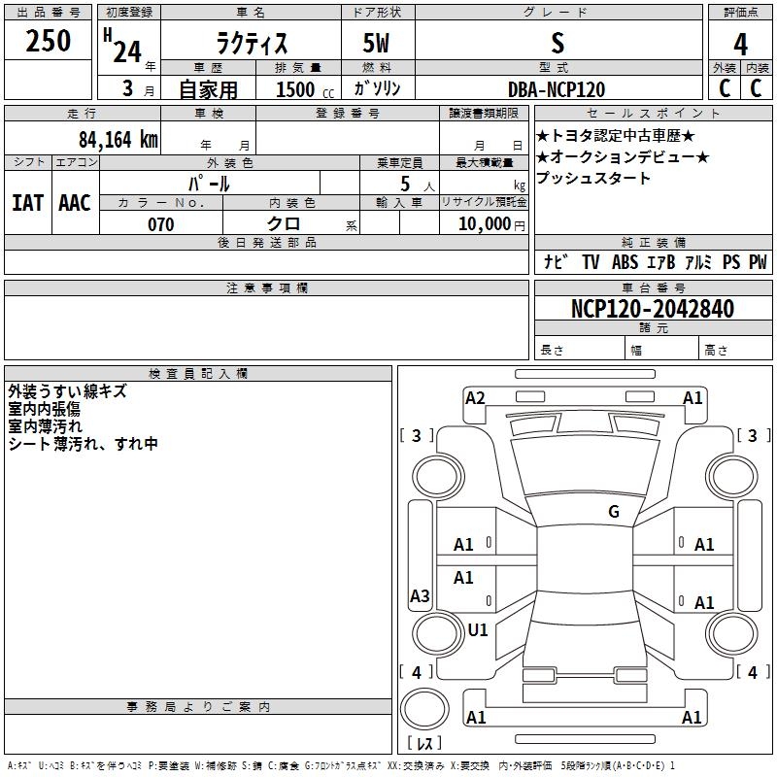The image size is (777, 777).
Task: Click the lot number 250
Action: tap(49, 41)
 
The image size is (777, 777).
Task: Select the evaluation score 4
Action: tap(741, 44)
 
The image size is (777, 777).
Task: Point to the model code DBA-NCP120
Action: tap(557, 89)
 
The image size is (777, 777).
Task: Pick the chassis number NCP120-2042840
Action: tap(653, 309)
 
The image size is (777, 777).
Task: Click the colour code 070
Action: tap(160, 224)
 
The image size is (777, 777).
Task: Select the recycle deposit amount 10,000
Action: tap(483, 224)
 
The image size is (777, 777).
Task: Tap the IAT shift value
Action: tap(27, 203)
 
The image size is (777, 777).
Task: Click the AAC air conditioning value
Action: tap(75, 203)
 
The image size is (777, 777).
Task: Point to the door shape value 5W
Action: tap(377, 44)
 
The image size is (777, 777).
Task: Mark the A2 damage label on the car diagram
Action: tap(475, 397)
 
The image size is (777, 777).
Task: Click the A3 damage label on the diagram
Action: tap(420, 596)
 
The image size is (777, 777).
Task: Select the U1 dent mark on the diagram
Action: tap(478, 629)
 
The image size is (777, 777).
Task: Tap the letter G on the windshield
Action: tap(614, 511)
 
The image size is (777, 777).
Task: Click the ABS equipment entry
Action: tap(625, 262)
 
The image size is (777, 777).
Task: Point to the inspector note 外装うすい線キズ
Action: tap(67, 391)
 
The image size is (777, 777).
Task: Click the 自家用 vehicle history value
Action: tap(208, 89)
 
